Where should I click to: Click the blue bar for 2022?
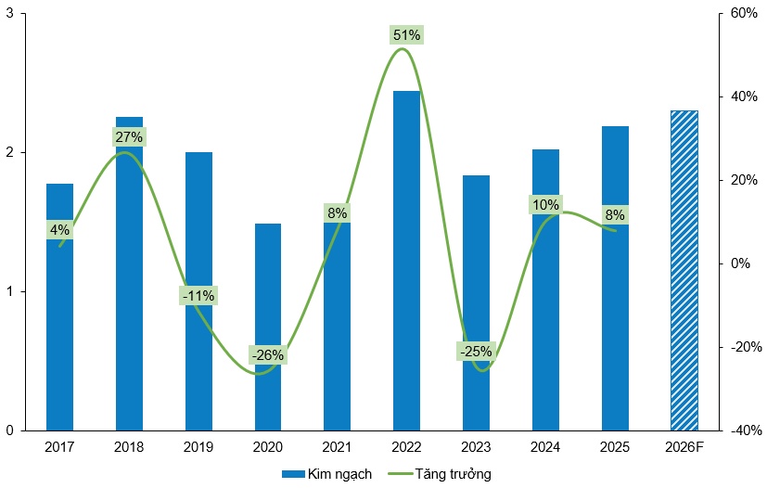point(406,260)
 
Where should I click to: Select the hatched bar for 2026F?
point(684,270)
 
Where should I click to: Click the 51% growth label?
point(406,35)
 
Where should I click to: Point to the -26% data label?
point(268,354)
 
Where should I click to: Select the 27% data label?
point(129,137)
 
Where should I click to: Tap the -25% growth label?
point(476,352)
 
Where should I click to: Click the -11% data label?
point(198,296)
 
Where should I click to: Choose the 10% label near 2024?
point(545,204)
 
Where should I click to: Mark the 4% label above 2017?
point(60,230)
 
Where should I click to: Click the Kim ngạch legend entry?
point(327,474)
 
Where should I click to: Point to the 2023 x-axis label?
point(476,447)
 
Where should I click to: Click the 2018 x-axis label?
point(129,447)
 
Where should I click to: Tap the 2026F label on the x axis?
point(684,447)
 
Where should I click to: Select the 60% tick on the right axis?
point(745,14)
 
